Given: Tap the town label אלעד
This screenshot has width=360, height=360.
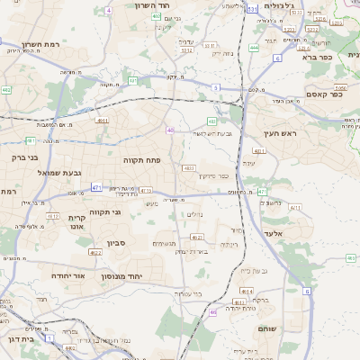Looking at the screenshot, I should [273, 233].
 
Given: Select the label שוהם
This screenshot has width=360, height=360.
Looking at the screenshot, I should [270, 329].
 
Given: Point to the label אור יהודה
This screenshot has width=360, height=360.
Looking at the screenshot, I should [67, 275].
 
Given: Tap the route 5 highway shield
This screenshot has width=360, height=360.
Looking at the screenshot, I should [216, 87].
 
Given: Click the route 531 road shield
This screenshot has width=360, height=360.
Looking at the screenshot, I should [253, 9].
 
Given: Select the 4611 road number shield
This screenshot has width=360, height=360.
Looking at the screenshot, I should [102, 120].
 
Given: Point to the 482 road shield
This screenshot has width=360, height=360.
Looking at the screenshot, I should [6, 90].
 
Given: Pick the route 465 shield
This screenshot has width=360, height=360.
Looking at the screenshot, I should [351, 258].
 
